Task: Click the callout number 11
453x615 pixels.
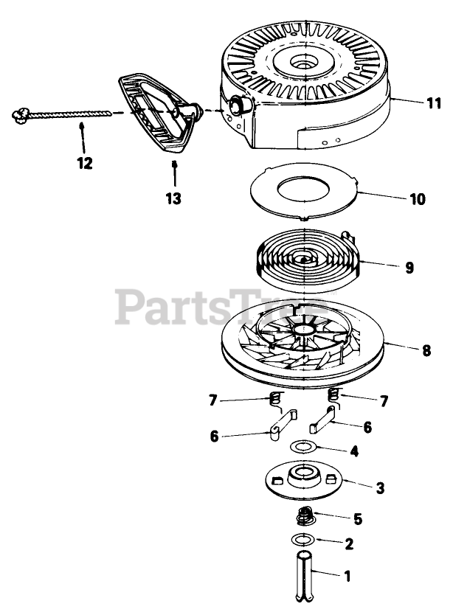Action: click(x=434, y=103)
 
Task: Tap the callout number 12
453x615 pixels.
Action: click(x=85, y=163)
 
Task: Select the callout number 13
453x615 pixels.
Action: click(x=174, y=198)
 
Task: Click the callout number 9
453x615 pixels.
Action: click(x=409, y=268)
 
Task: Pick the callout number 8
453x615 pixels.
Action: click(x=426, y=351)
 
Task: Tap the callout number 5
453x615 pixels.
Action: click(x=358, y=519)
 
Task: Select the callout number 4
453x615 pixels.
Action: click(x=354, y=451)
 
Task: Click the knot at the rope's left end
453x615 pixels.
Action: click(x=20, y=114)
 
